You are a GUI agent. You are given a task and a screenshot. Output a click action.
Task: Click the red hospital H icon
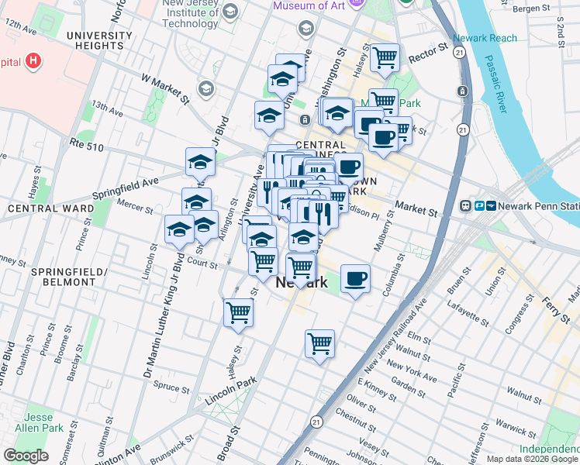(33, 60)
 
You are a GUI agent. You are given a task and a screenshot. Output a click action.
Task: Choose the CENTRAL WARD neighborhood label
(41, 208)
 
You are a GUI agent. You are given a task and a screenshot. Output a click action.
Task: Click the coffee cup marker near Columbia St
(355, 278)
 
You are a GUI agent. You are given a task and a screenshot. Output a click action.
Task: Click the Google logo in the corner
(26, 456)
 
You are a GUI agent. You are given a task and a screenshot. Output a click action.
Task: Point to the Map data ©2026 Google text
(532, 459)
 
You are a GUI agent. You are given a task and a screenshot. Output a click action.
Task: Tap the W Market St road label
(165, 88)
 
